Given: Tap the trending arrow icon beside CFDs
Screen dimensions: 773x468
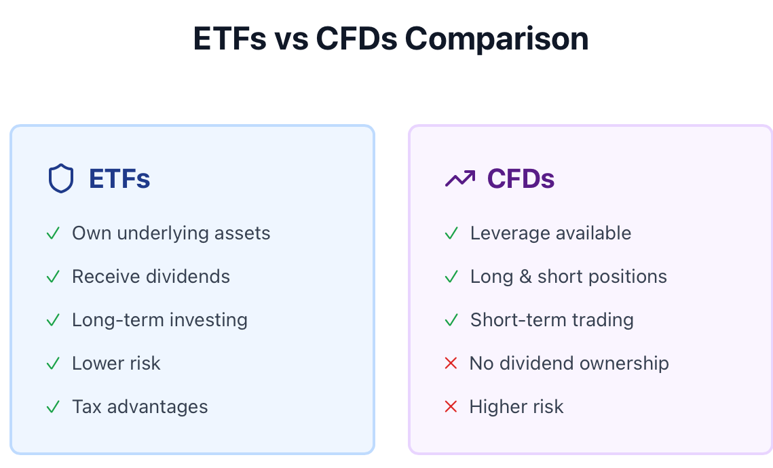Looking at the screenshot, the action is [460, 178].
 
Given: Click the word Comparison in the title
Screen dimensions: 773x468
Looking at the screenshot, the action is [496, 39].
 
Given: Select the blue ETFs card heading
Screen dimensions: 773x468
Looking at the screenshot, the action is [119, 178].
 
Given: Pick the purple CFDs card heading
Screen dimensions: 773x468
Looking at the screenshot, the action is [521, 178].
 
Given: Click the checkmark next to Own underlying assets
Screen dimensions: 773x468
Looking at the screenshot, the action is [53, 233].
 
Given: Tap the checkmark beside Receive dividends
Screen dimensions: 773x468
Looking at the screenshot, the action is [53, 276].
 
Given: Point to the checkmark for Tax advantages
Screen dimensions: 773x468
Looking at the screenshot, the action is [53, 406].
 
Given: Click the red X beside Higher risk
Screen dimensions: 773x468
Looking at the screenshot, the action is [451, 406].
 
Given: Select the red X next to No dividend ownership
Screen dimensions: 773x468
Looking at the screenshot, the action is [451, 363].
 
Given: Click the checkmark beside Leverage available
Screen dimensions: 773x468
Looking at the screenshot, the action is [451, 233].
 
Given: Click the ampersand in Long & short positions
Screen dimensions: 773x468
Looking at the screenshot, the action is [525, 276].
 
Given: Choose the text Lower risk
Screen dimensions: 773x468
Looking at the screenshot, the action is [116, 363].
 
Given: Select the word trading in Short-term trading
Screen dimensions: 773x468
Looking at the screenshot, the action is [603, 320].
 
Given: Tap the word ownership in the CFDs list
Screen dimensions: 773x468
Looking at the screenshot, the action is [624, 364].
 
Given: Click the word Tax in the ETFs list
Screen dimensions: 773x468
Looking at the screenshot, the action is [87, 406].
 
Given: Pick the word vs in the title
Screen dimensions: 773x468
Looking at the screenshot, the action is [291, 39].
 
